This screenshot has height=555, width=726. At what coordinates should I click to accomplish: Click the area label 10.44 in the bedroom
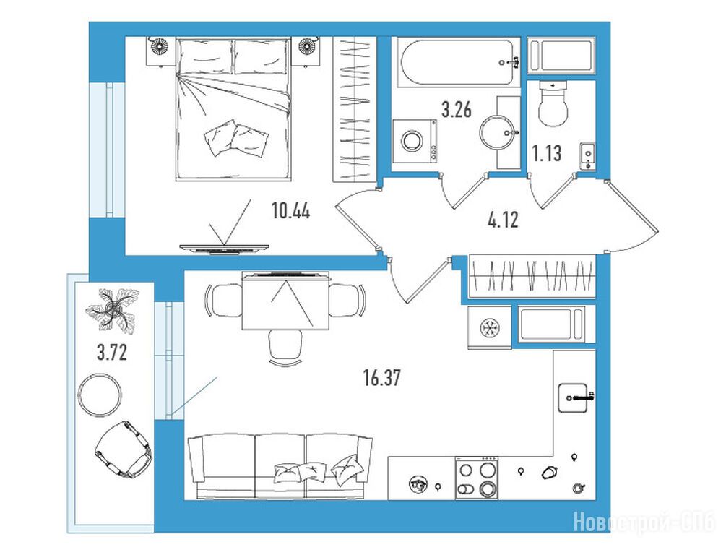tap(291, 211)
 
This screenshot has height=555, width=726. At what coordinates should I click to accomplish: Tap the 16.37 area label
tap(382, 378)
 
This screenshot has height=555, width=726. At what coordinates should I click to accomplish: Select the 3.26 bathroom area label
tap(457, 110)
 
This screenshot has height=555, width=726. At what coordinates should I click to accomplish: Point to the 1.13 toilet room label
tap(547, 153)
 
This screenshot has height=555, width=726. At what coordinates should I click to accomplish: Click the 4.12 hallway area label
tap(504, 220)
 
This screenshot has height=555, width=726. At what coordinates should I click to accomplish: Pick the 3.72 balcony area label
tap(111, 353)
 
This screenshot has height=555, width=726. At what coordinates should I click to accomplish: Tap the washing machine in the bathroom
tap(415, 141)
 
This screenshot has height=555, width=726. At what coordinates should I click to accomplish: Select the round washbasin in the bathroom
tap(496, 132)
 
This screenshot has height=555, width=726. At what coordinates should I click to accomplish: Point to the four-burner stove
tap(477, 478)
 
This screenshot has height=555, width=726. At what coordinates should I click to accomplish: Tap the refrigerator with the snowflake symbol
tap(489, 327)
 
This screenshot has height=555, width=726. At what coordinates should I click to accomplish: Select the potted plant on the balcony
tap(113, 309)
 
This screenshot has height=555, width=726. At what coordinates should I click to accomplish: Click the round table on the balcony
tap(100, 395)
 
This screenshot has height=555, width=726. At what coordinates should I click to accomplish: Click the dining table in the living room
tap(285, 301)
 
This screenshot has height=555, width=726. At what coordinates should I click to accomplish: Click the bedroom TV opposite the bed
tap(225, 249)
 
